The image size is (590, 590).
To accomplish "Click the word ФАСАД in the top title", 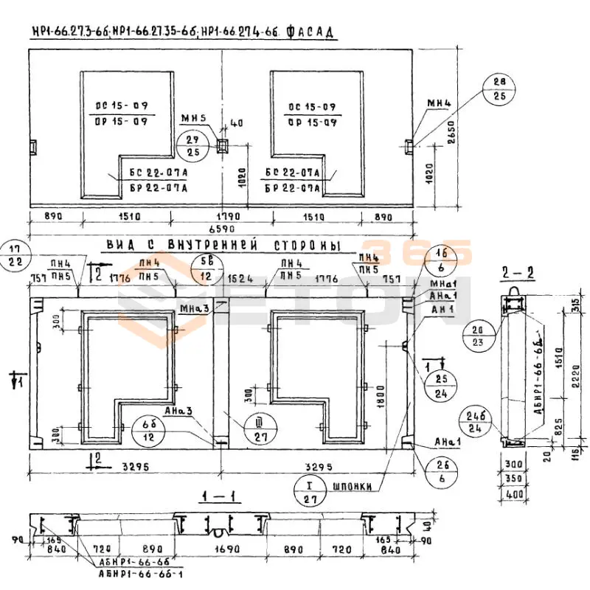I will (x=310, y=32).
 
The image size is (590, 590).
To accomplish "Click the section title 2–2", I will (x=513, y=272).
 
